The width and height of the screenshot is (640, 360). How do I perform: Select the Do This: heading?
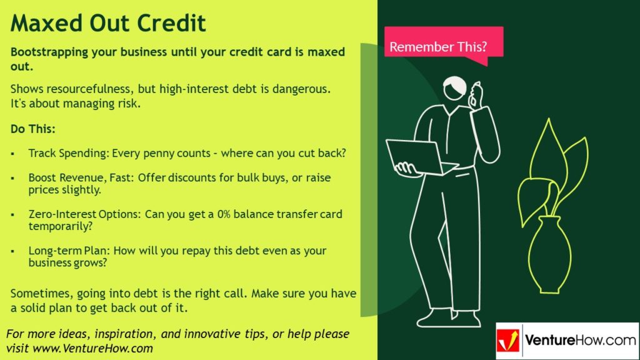[x=33, y=129]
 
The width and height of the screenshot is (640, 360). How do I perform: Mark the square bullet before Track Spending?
[x=14, y=154]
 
